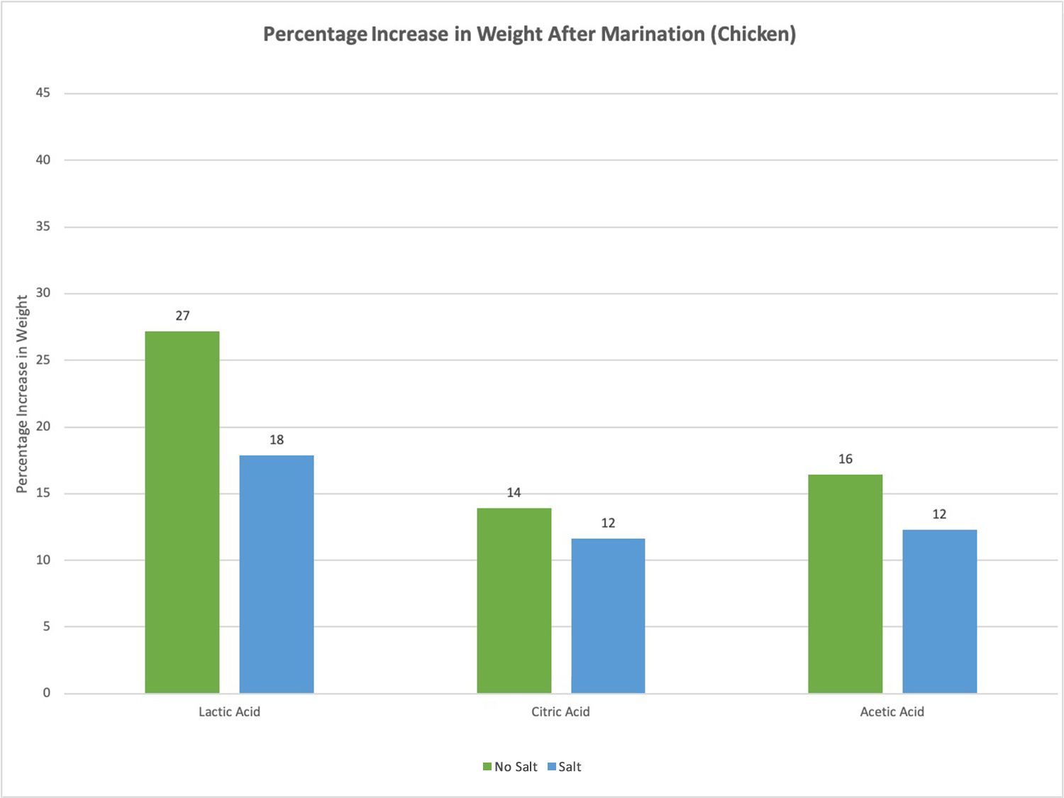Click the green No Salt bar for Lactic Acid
tap(182, 512)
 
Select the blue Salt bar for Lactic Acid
tap(277, 574)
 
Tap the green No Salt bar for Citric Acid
tap(514, 600)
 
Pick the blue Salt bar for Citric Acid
tap(608, 616)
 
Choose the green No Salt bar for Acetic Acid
tap(845, 583)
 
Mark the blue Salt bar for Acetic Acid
tap(939, 611)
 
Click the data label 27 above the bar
tap(182, 316)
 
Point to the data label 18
tap(277, 440)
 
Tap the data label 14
tap(514, 492)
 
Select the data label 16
tap(845, 459)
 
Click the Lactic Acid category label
tap(229, 711)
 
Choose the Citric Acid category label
tap(560, 711)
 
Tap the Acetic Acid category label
tap(892, 711)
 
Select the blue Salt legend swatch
tap(552, 767)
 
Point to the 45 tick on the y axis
tap(43, 93)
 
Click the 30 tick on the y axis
tap(43, 293)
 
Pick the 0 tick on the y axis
tap(47, 693)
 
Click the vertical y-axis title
tap(22, 394)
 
